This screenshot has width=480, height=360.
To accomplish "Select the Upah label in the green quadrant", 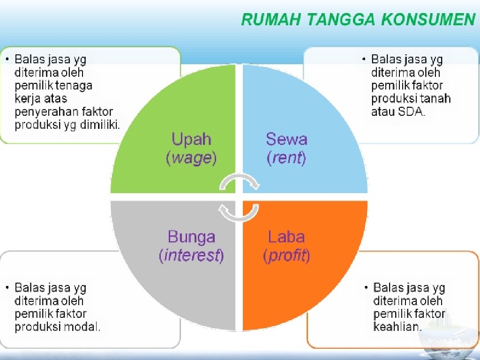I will tap(191, 139).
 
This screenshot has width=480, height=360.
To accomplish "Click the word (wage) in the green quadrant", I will tap(191, 158).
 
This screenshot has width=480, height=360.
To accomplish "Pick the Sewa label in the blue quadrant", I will tap(286, 139).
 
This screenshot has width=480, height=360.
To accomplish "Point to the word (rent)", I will tap(286, 158).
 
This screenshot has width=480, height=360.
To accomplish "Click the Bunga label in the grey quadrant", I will tap(191, 237).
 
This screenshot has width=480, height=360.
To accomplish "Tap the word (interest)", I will tap(191, 256).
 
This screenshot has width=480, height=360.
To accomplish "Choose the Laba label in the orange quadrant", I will tap(286, 237).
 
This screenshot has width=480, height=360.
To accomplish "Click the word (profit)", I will tap(286, 256).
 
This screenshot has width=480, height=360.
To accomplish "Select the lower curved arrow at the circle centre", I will tap(239, 212).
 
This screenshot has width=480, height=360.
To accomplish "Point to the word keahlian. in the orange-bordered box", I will tap(397, 327).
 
